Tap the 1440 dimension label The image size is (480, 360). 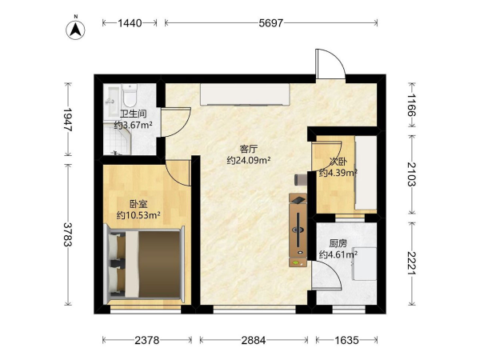130,23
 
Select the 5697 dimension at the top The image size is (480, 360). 271,23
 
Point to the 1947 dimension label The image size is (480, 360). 68,119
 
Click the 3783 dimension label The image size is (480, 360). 68,234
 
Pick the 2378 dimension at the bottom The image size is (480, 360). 147,340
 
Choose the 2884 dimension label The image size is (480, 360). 254,340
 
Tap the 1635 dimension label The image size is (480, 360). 346,340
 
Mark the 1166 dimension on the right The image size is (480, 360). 412,105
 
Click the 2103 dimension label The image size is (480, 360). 412,174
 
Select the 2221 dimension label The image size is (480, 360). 412,263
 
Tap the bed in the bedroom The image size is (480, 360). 145,265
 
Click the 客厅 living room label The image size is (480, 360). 249,149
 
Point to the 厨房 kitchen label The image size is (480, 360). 338,243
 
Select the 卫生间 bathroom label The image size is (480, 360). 133,114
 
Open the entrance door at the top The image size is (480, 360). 330,64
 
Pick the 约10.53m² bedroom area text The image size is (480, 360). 138,215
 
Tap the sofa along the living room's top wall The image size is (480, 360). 245,94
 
